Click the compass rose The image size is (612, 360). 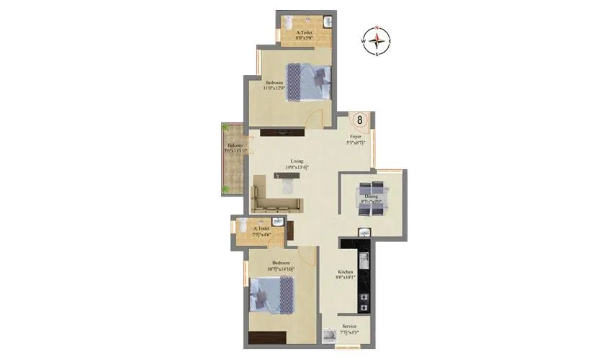click(x=377, y=41)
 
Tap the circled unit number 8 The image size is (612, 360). click(x=361, y=120)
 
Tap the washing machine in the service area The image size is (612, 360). click(x=330, y=335)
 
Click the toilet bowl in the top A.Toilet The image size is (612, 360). click(x=287, y=21)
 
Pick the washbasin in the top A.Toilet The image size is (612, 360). click(x=328, y=22)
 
